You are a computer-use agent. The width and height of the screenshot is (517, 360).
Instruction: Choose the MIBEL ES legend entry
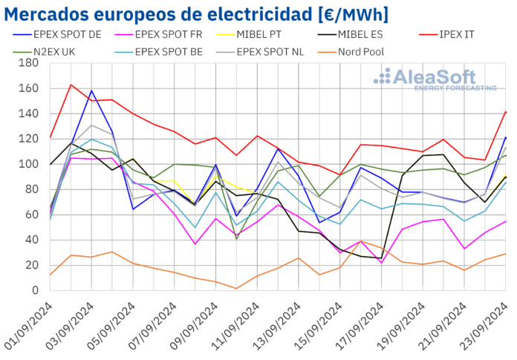(364, 34)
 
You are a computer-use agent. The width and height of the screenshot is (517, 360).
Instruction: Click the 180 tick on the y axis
(29, 63)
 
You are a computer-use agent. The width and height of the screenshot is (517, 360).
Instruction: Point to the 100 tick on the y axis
(29, 164)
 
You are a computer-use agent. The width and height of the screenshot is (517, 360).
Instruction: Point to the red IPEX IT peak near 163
(71, 85)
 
